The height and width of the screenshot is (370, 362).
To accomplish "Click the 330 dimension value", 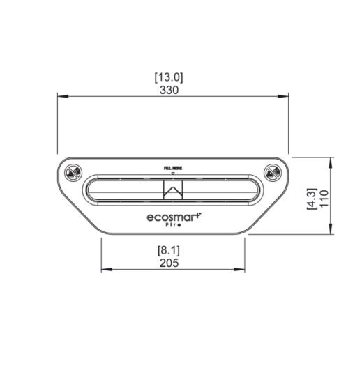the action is [169, 90].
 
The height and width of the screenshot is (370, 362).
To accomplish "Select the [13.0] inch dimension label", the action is [169, 77].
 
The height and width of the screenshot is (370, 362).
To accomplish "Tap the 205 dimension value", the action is [169, 263].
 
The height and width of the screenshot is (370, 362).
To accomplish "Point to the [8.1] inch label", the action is [169, 250].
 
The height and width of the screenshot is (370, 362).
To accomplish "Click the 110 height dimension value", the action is [324, 198].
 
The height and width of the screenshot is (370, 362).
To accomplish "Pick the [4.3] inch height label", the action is [311, 199].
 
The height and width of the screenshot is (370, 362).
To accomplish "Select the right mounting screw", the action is [273, 172].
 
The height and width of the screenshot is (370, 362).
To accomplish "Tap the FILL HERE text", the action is [173, 168].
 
